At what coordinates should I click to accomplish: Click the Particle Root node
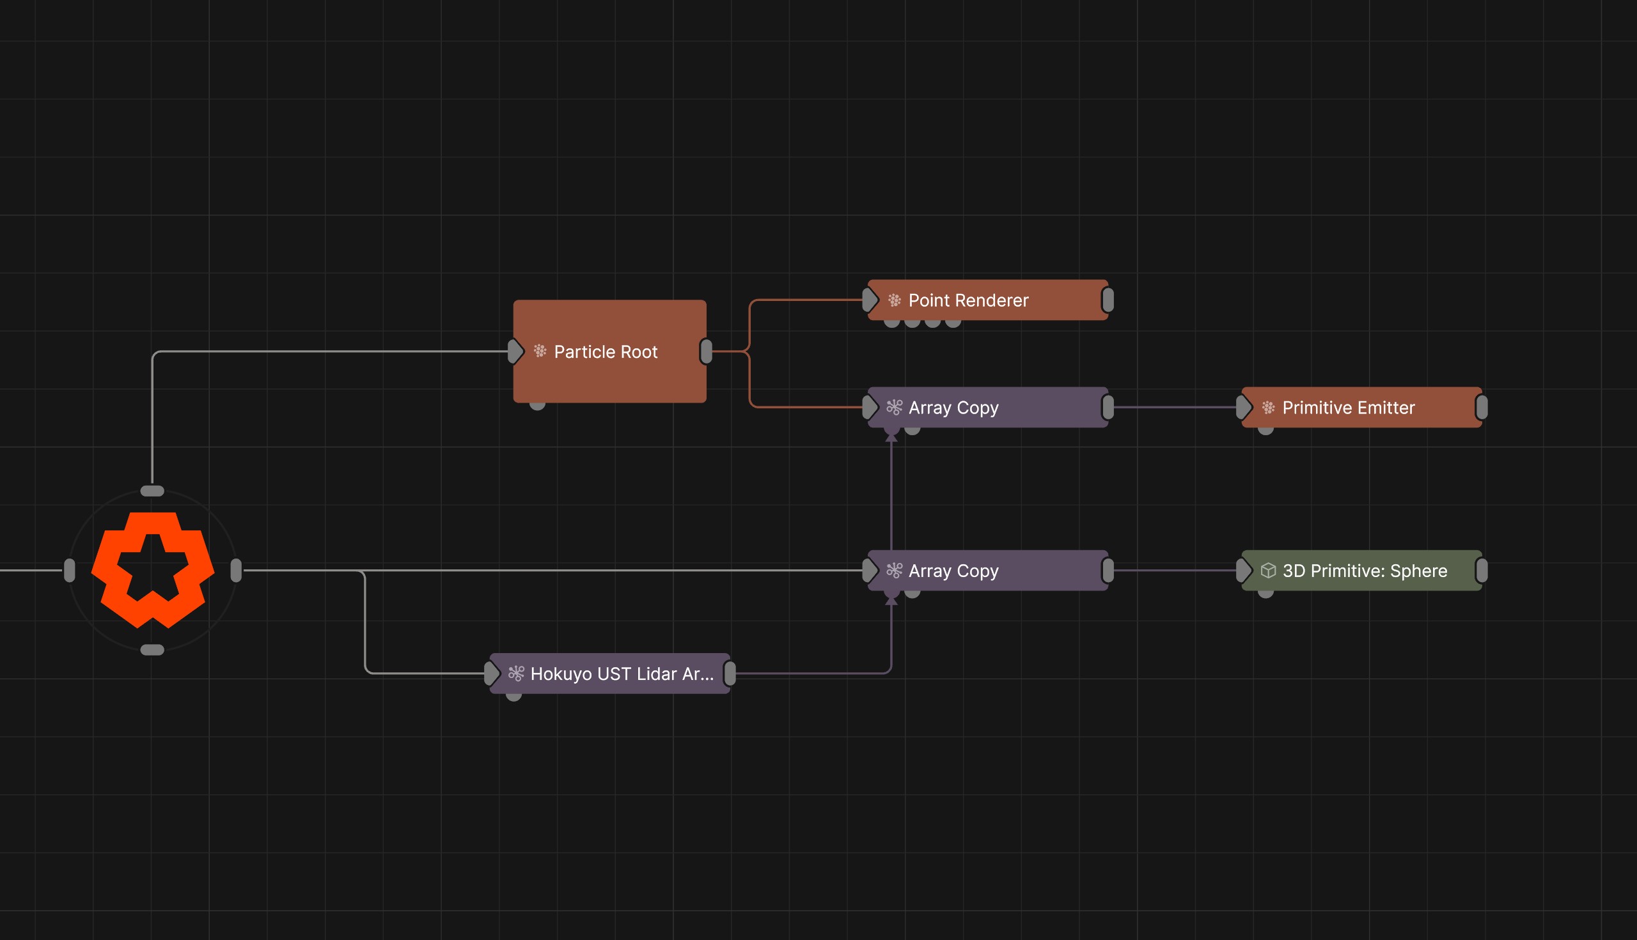point(609,351)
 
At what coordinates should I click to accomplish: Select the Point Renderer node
point(988,300)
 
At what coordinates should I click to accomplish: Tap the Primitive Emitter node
point(1361,408)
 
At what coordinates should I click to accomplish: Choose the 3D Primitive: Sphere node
point(1361,570)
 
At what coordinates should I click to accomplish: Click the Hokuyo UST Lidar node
point(609,674)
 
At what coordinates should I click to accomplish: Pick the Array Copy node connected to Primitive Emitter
point(988,408)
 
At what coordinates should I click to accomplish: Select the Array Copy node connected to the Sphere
point(988,570)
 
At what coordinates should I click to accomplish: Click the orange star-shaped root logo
point(152,570)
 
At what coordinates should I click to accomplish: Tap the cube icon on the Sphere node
point(1268,570)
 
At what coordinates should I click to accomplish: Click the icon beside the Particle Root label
point(540,351)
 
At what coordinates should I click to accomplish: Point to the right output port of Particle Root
point(706,351)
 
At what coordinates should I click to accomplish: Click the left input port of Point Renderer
point(870,300)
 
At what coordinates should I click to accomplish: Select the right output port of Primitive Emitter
point(1482,408)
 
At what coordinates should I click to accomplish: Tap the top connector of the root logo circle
point(152,491)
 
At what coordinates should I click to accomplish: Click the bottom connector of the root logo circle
point(152,649)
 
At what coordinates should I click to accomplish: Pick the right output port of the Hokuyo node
point(730,674)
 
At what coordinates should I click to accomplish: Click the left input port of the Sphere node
point(1244,570)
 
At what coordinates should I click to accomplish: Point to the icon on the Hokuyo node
point(516,674)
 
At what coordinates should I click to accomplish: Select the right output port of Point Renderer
point(1108,300)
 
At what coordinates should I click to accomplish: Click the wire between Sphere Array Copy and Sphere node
point(1175,570)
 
